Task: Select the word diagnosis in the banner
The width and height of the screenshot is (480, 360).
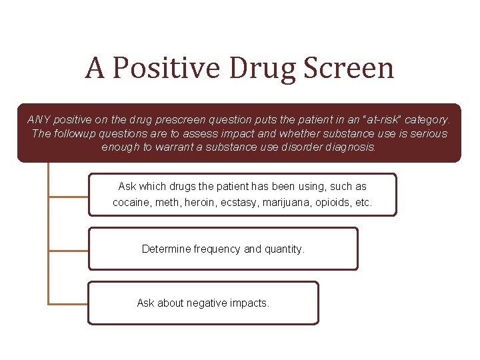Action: pos(350,147)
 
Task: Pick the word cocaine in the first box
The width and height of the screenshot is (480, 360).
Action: pos(131,202)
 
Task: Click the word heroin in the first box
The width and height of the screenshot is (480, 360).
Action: pos(193,202)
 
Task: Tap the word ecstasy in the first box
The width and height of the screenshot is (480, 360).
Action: pos(234,202)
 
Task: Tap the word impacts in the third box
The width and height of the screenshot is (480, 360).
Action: pos(249,303)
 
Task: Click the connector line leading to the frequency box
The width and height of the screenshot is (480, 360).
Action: pos(68,251)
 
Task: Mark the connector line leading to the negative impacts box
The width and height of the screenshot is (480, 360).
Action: pos(68,304)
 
